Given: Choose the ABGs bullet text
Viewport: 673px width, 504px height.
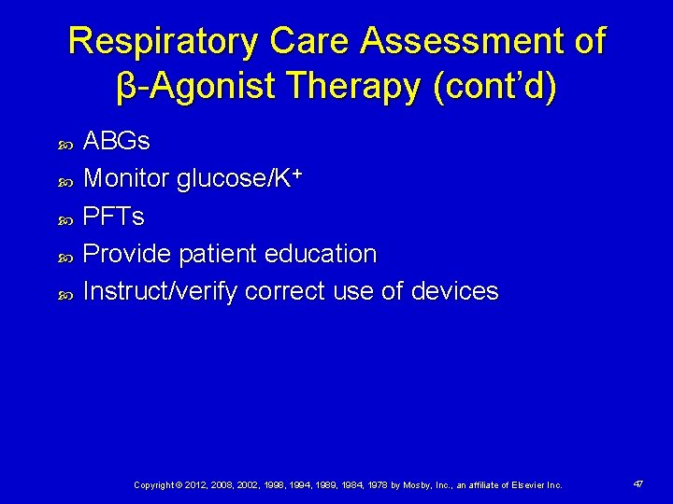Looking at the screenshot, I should point(117,142).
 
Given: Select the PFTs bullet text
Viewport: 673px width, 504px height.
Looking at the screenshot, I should point(114,217).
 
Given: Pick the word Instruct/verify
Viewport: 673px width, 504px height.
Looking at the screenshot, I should point(161,291).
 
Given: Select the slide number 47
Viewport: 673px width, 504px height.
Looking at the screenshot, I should point(637,484).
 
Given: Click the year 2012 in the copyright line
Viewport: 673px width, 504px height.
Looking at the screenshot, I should point(194,485).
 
